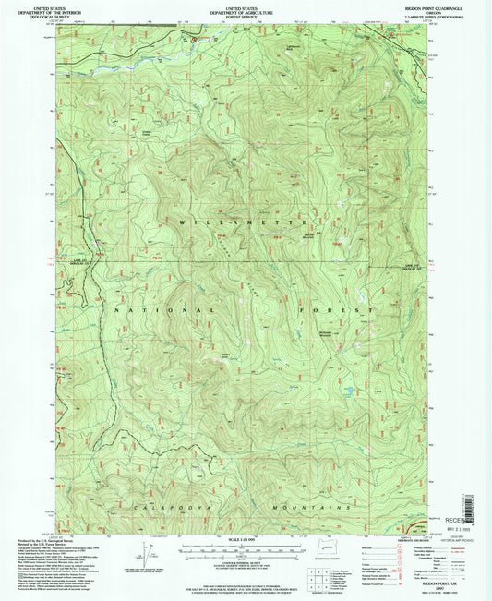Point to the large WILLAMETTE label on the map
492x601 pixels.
pos(246,222)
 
